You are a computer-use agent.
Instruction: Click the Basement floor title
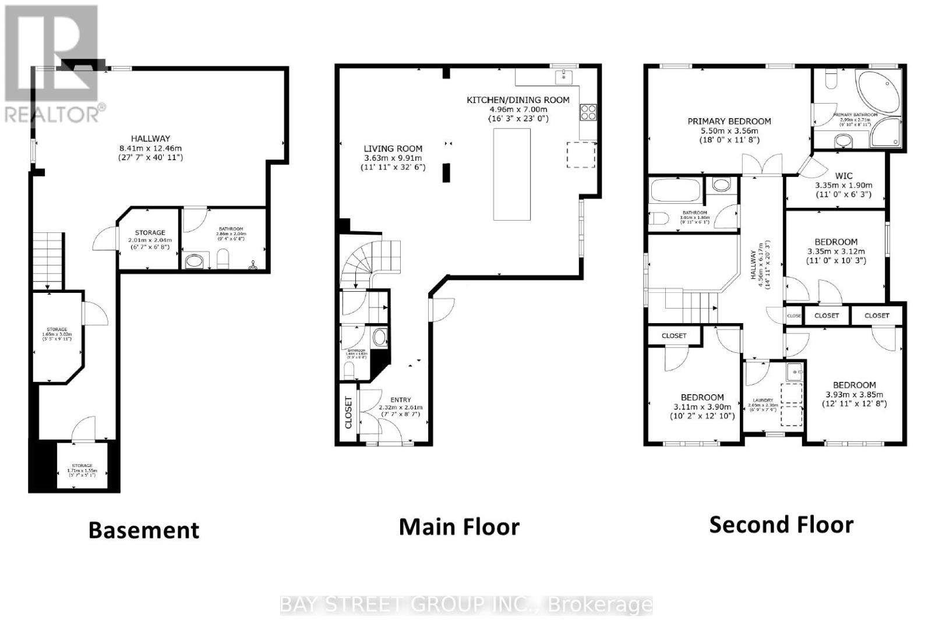(x=144, y=530)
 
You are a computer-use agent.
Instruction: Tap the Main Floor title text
(x=459, y=527)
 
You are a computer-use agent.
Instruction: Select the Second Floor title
(x=781, y=525)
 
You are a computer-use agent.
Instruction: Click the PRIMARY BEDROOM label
(x=729, y=122)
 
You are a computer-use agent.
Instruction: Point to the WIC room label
(x=843, y=175)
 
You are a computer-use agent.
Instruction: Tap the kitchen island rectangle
(x=512, y=174)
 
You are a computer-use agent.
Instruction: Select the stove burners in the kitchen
(x=588, y=111)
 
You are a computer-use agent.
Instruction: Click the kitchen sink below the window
(x=563, y=76)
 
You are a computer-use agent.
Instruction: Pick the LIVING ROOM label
(x=393, y=148)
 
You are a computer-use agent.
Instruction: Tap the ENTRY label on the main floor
(x=401, y=400)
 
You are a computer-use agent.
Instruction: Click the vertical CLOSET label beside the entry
(x=349, y=412)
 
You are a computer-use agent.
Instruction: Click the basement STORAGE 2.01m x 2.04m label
(x=150, y=232)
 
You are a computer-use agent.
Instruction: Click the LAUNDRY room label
(x=763, y=401)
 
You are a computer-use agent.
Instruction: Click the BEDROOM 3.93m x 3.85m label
(x=855, y=385)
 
